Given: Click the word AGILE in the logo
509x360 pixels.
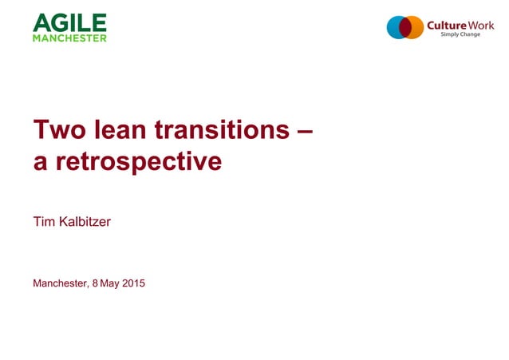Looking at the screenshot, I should click(69, 22).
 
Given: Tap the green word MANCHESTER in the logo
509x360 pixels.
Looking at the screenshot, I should click(69, 38).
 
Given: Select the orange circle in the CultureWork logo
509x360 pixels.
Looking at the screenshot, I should click(416, 27).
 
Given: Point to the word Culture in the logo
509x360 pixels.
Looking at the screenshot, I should click(446, 26).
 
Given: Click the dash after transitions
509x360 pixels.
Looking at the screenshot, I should click(303, 129).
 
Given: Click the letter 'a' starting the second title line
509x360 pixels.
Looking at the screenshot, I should click(39, 164).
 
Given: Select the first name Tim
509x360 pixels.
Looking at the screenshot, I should click(43, 221).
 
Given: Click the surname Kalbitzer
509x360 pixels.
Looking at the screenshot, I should click(84, 221).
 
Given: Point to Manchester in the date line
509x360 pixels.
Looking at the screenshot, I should click(61, 283).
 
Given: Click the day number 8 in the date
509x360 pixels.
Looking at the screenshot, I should click(95, 283).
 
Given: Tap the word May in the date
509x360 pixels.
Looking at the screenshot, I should click(109, 283).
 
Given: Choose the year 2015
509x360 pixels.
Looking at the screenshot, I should click(133, 283).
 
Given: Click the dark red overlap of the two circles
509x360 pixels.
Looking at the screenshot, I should click(406, 27).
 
